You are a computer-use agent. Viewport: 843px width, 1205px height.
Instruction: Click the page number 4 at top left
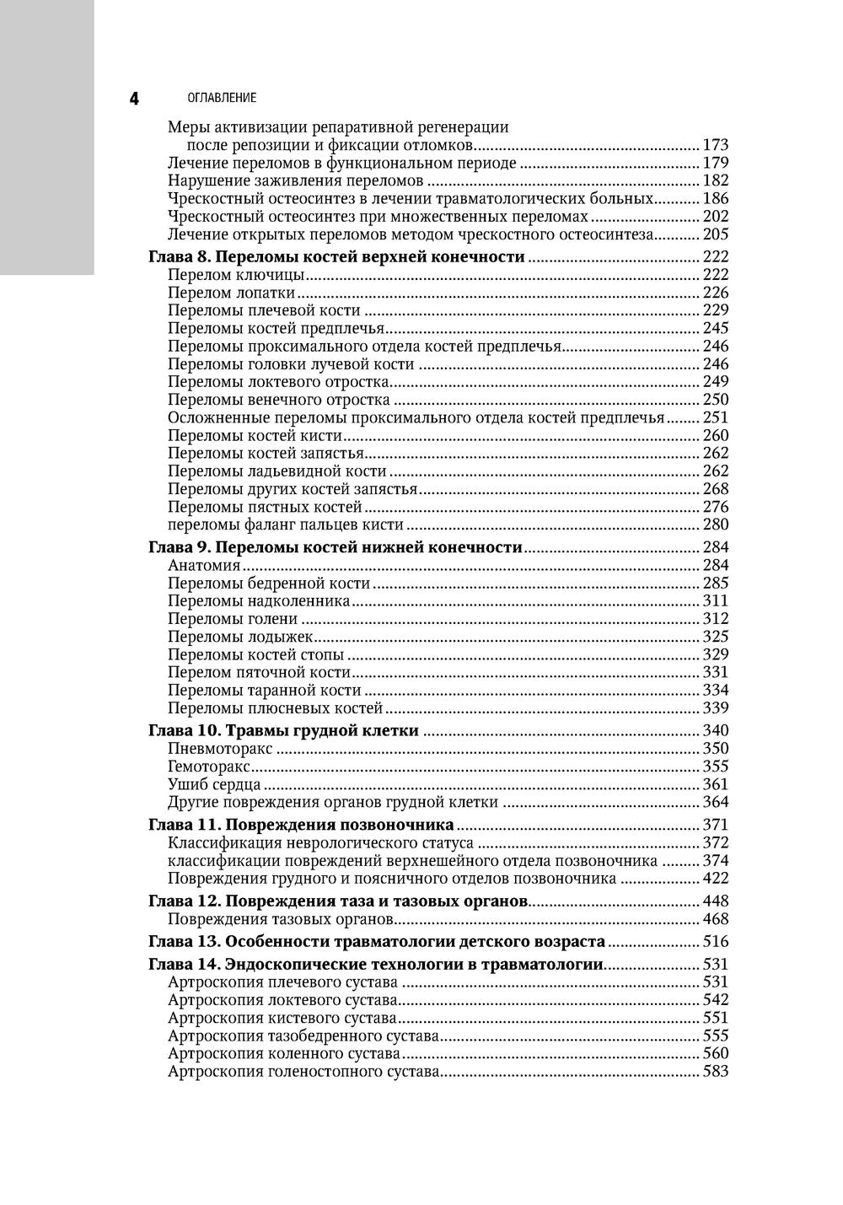[x=135, y=98]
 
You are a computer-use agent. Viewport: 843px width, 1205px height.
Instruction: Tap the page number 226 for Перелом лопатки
[x=715, y=293]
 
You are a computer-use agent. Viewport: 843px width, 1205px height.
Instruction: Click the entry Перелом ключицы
[x=235, y=275]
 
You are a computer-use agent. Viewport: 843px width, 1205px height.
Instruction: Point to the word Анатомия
[x=204, y=566]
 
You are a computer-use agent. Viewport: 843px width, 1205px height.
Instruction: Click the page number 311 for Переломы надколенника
[x=715, y=601]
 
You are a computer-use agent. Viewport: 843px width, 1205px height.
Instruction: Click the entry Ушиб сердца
[x=213, y=784]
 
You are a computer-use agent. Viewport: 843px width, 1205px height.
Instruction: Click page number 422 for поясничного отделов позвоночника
[x=715, y=879]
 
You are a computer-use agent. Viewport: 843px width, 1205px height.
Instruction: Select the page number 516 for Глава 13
[x=715, y=942]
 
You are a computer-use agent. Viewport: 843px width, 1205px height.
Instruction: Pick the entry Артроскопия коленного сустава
[x=283, y=1053]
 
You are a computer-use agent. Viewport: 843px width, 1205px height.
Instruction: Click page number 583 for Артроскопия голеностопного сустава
[x=715, y=1072]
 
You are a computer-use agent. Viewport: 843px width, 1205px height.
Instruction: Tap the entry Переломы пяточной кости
[x=258, y=672]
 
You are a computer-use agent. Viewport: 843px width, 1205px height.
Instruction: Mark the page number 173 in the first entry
[x=715, y=145]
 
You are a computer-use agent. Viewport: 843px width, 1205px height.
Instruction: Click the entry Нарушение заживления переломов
[x=295, y=180]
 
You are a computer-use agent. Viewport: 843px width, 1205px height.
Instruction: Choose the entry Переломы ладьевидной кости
[x=277, y=471]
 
